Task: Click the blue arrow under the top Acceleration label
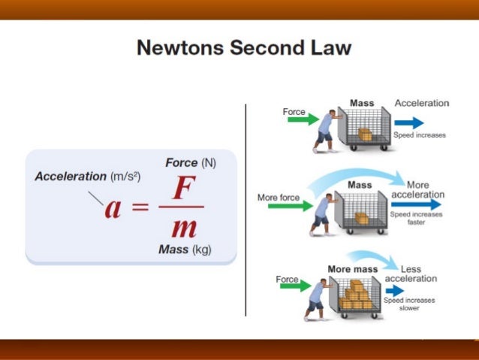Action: click(409, 123)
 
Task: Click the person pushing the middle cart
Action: click(322, 212)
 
